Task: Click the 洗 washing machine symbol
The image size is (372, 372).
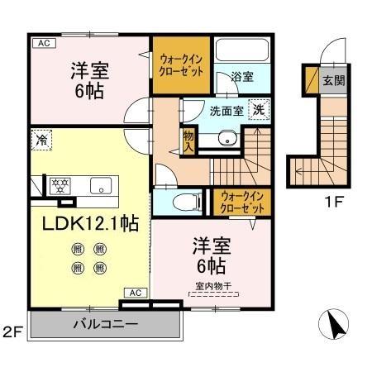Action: click(259, 109)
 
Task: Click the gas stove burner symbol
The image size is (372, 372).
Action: click(60, 184)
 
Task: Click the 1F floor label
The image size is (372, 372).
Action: click(333, 199)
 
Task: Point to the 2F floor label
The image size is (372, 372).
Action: click(12, 333)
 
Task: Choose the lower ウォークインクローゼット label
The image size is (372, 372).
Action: click(238, 202)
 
